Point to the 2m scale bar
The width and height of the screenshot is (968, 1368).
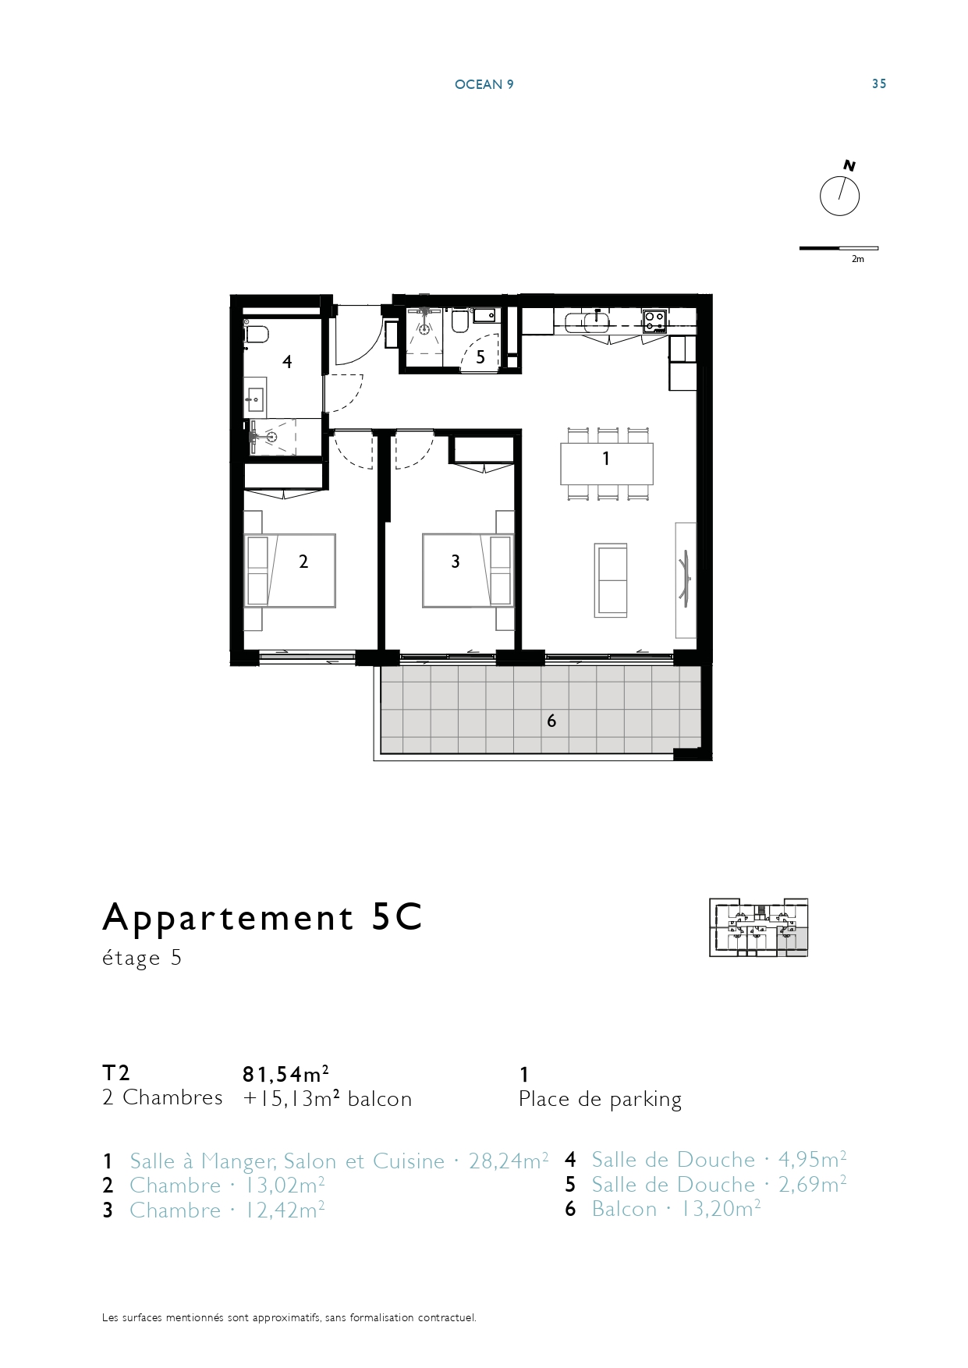tap(839, 249)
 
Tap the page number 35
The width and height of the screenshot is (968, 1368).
tap(879, 84)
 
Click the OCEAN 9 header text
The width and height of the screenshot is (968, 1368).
tap(484, 84)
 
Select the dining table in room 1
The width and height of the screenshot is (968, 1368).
tap(606, 464)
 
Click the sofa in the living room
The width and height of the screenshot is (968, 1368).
tap(610, 580)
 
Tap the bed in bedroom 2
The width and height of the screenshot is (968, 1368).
tap(290, 570)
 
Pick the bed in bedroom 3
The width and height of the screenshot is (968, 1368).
tap(468, 570)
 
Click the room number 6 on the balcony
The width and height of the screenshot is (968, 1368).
tap(551, 721)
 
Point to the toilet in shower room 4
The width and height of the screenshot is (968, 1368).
tap(255, 334)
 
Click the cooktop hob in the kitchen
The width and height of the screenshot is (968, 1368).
tap(654, 321)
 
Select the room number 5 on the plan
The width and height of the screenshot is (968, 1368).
tap(480, 357)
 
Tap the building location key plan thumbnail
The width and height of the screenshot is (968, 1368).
tap(758, 927)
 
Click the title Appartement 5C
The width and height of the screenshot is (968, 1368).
tap(262, 918)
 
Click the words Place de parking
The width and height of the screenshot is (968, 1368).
tap(600, 1100)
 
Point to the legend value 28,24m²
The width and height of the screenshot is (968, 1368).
tap(509, 1161)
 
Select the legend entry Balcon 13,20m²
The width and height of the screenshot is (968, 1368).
tap(675, 1210)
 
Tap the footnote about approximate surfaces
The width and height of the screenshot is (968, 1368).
tap(289, 1318)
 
